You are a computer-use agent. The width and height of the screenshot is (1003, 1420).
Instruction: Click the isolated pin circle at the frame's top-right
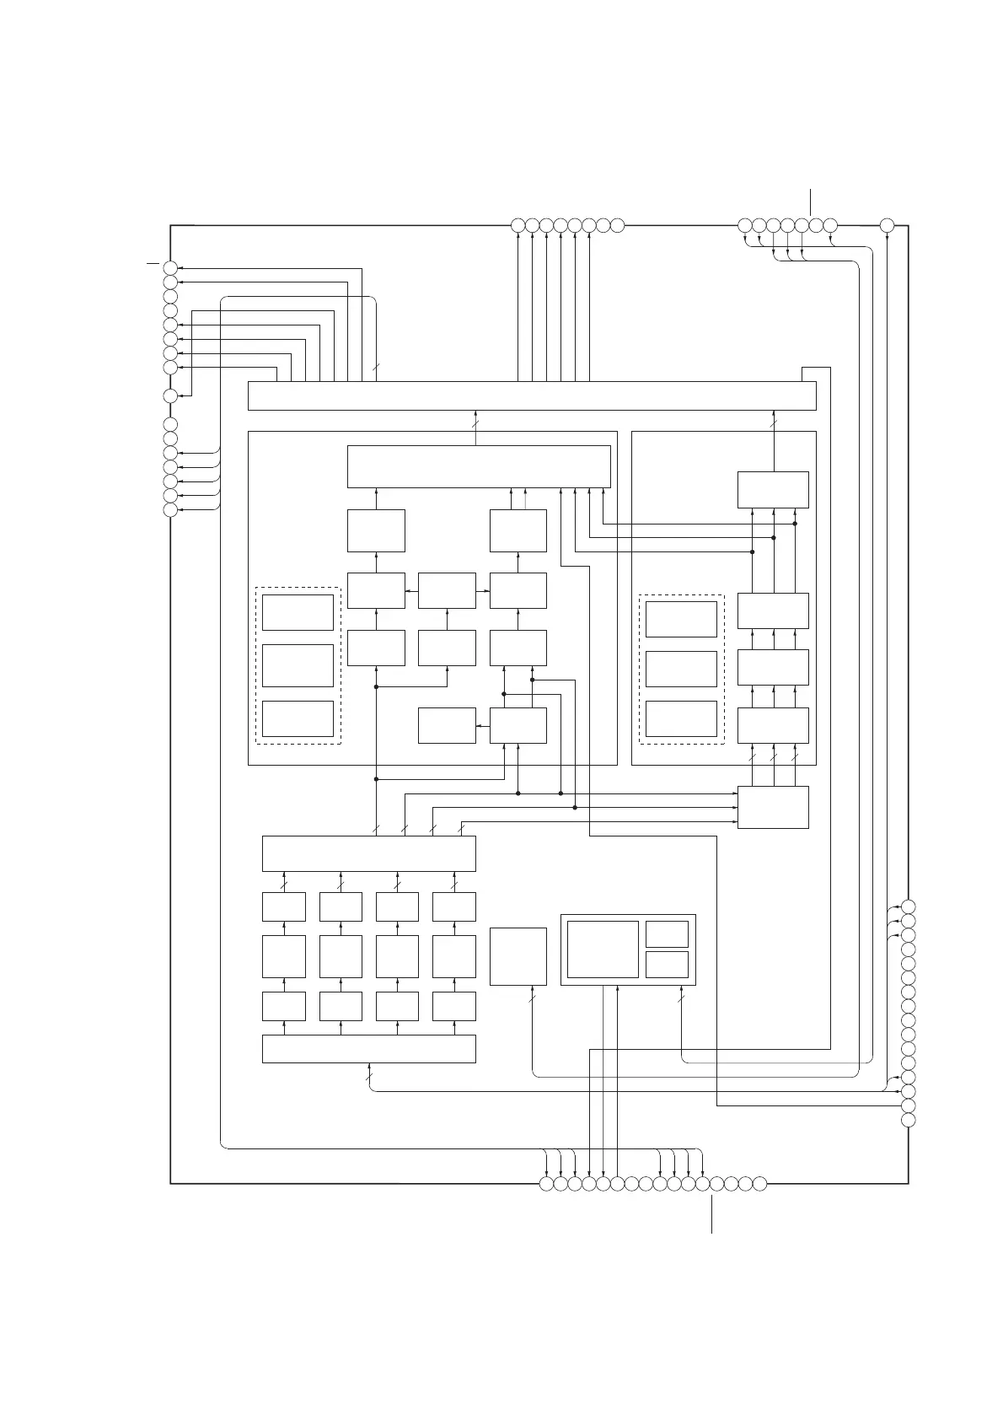pyautogui.click(x=887, y=225)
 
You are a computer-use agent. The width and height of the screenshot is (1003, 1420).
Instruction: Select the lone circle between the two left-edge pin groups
pyautogui.click(x=170, y=396)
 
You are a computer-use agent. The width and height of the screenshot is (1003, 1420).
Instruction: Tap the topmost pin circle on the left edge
pyautogui.click(x=170, y=268)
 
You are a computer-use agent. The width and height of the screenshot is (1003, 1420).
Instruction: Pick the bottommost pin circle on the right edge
pyautogui.click(x=909, y=1120)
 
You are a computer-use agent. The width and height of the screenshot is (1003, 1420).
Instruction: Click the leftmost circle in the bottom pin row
pyautogui.click(x=546, y=1183)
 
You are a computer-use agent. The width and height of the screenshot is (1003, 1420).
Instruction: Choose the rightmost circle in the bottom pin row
pyautogui.click(x=759, y=1183)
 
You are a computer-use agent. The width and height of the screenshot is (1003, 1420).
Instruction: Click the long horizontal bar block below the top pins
pyautogui.click(x=531, y=395)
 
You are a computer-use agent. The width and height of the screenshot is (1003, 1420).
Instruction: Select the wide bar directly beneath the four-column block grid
pyautogui.click(x=369, y=1048)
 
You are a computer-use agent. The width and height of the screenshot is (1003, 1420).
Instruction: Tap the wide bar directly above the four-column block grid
pyautogui.click(x=369, y=853)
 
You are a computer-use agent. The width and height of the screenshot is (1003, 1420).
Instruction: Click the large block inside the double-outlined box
pyautogui.click(x=603, y=949)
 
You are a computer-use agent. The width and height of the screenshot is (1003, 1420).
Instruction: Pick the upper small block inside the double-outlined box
pyautogui.click(x=667, y=934)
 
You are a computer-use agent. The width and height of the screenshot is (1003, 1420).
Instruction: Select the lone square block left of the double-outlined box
pyautogui.click(x=518, y=956)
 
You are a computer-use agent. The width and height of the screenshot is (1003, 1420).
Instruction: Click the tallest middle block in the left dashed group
pyautogui.click(x=298, y=665)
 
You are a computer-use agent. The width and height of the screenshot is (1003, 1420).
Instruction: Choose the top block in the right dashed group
pyautogui.click(x=681, y=619)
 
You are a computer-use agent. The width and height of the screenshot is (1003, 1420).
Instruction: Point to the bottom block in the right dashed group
pyautogui.click(x=681, y=718)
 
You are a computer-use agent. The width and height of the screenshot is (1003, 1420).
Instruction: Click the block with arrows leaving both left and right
pyautogui.click(x=447, y=590)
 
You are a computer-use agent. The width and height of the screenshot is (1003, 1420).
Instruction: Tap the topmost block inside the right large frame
pyautogui.click(x=773, y=490)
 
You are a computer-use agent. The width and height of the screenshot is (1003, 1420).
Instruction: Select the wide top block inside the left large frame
pyautogui.click(x=479, y=466)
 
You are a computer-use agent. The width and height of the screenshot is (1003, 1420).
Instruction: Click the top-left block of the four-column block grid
pyautogui.click(x=284, y=906)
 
